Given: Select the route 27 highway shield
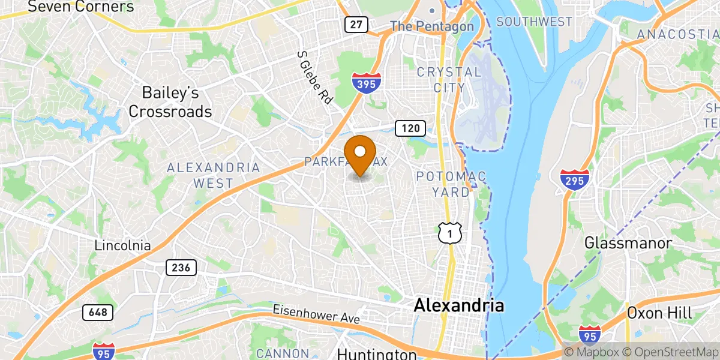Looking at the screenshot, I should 356,24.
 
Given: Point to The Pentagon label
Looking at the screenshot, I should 432,26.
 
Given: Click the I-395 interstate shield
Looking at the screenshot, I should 366,83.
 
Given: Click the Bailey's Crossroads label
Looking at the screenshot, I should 170,102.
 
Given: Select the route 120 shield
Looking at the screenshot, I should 410,127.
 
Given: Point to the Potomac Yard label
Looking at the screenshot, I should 452,184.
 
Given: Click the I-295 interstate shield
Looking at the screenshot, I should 575,180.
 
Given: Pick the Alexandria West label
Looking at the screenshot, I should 213,175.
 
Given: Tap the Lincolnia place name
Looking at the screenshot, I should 122,246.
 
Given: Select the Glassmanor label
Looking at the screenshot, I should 628,244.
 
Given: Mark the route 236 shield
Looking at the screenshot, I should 181,268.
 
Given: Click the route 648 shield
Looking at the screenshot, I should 97,312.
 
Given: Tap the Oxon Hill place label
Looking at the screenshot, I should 659,313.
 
